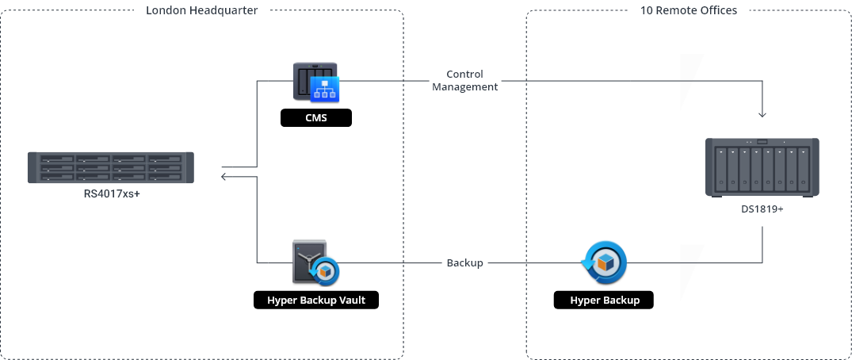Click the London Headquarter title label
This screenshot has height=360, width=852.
point(202,10)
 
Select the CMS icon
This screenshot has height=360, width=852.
point(316,82)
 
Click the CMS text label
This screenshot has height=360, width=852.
point(316,118)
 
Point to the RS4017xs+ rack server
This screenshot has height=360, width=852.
point(112,168)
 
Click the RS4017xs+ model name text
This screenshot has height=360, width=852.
point(112,193)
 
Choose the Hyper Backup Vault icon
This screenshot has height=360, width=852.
point(315,261)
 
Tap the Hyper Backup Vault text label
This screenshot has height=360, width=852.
point(316,301)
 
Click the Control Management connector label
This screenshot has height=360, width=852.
point(464,80)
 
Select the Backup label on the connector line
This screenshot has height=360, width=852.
point(464,262)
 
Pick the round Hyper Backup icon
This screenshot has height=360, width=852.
point(605,262)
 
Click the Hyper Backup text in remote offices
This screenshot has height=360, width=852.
point(605,301)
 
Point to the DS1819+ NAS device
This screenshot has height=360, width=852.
point(762,167)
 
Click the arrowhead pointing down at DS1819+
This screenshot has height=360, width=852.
point(762,113)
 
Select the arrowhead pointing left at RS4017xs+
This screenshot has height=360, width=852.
point(224,176)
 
